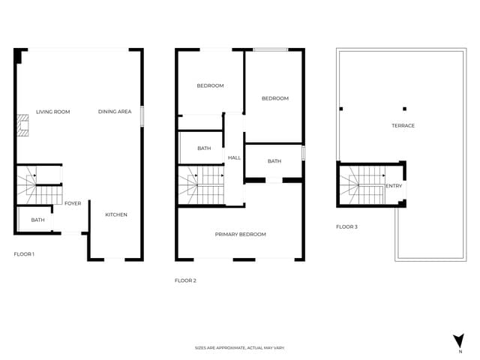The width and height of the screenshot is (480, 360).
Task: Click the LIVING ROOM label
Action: (52, 112)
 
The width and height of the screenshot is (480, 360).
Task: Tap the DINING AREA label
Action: (115, 112)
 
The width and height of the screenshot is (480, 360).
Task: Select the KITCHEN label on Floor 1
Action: (115, 214)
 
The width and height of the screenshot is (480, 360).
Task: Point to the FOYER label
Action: (73, 203)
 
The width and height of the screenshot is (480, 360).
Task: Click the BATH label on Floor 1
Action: (37, 220)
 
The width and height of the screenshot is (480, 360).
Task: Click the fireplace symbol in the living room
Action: (25, 125)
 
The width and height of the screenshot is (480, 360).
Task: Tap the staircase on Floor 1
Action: (37, 185)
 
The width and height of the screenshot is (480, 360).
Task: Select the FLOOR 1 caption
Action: (24, 254)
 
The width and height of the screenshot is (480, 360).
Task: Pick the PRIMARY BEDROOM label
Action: (240, 235)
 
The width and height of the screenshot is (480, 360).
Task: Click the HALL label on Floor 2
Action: (234, 157)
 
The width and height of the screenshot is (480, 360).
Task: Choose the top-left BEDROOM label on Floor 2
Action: (210, 85)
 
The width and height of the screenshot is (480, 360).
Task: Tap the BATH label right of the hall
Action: (274, 161)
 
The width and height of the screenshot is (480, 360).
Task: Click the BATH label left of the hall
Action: (204, 148)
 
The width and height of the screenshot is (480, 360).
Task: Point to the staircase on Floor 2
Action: (200, 185)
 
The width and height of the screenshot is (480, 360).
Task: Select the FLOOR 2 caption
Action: (185, 280)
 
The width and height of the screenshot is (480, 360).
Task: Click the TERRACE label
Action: (403, 125)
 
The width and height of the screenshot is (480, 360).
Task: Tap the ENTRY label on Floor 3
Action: (394, 186)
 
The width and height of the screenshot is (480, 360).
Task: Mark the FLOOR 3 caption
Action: (346, 226)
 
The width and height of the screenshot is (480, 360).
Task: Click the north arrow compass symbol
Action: (459, 341)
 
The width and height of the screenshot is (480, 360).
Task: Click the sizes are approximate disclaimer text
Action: (239, 348)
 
